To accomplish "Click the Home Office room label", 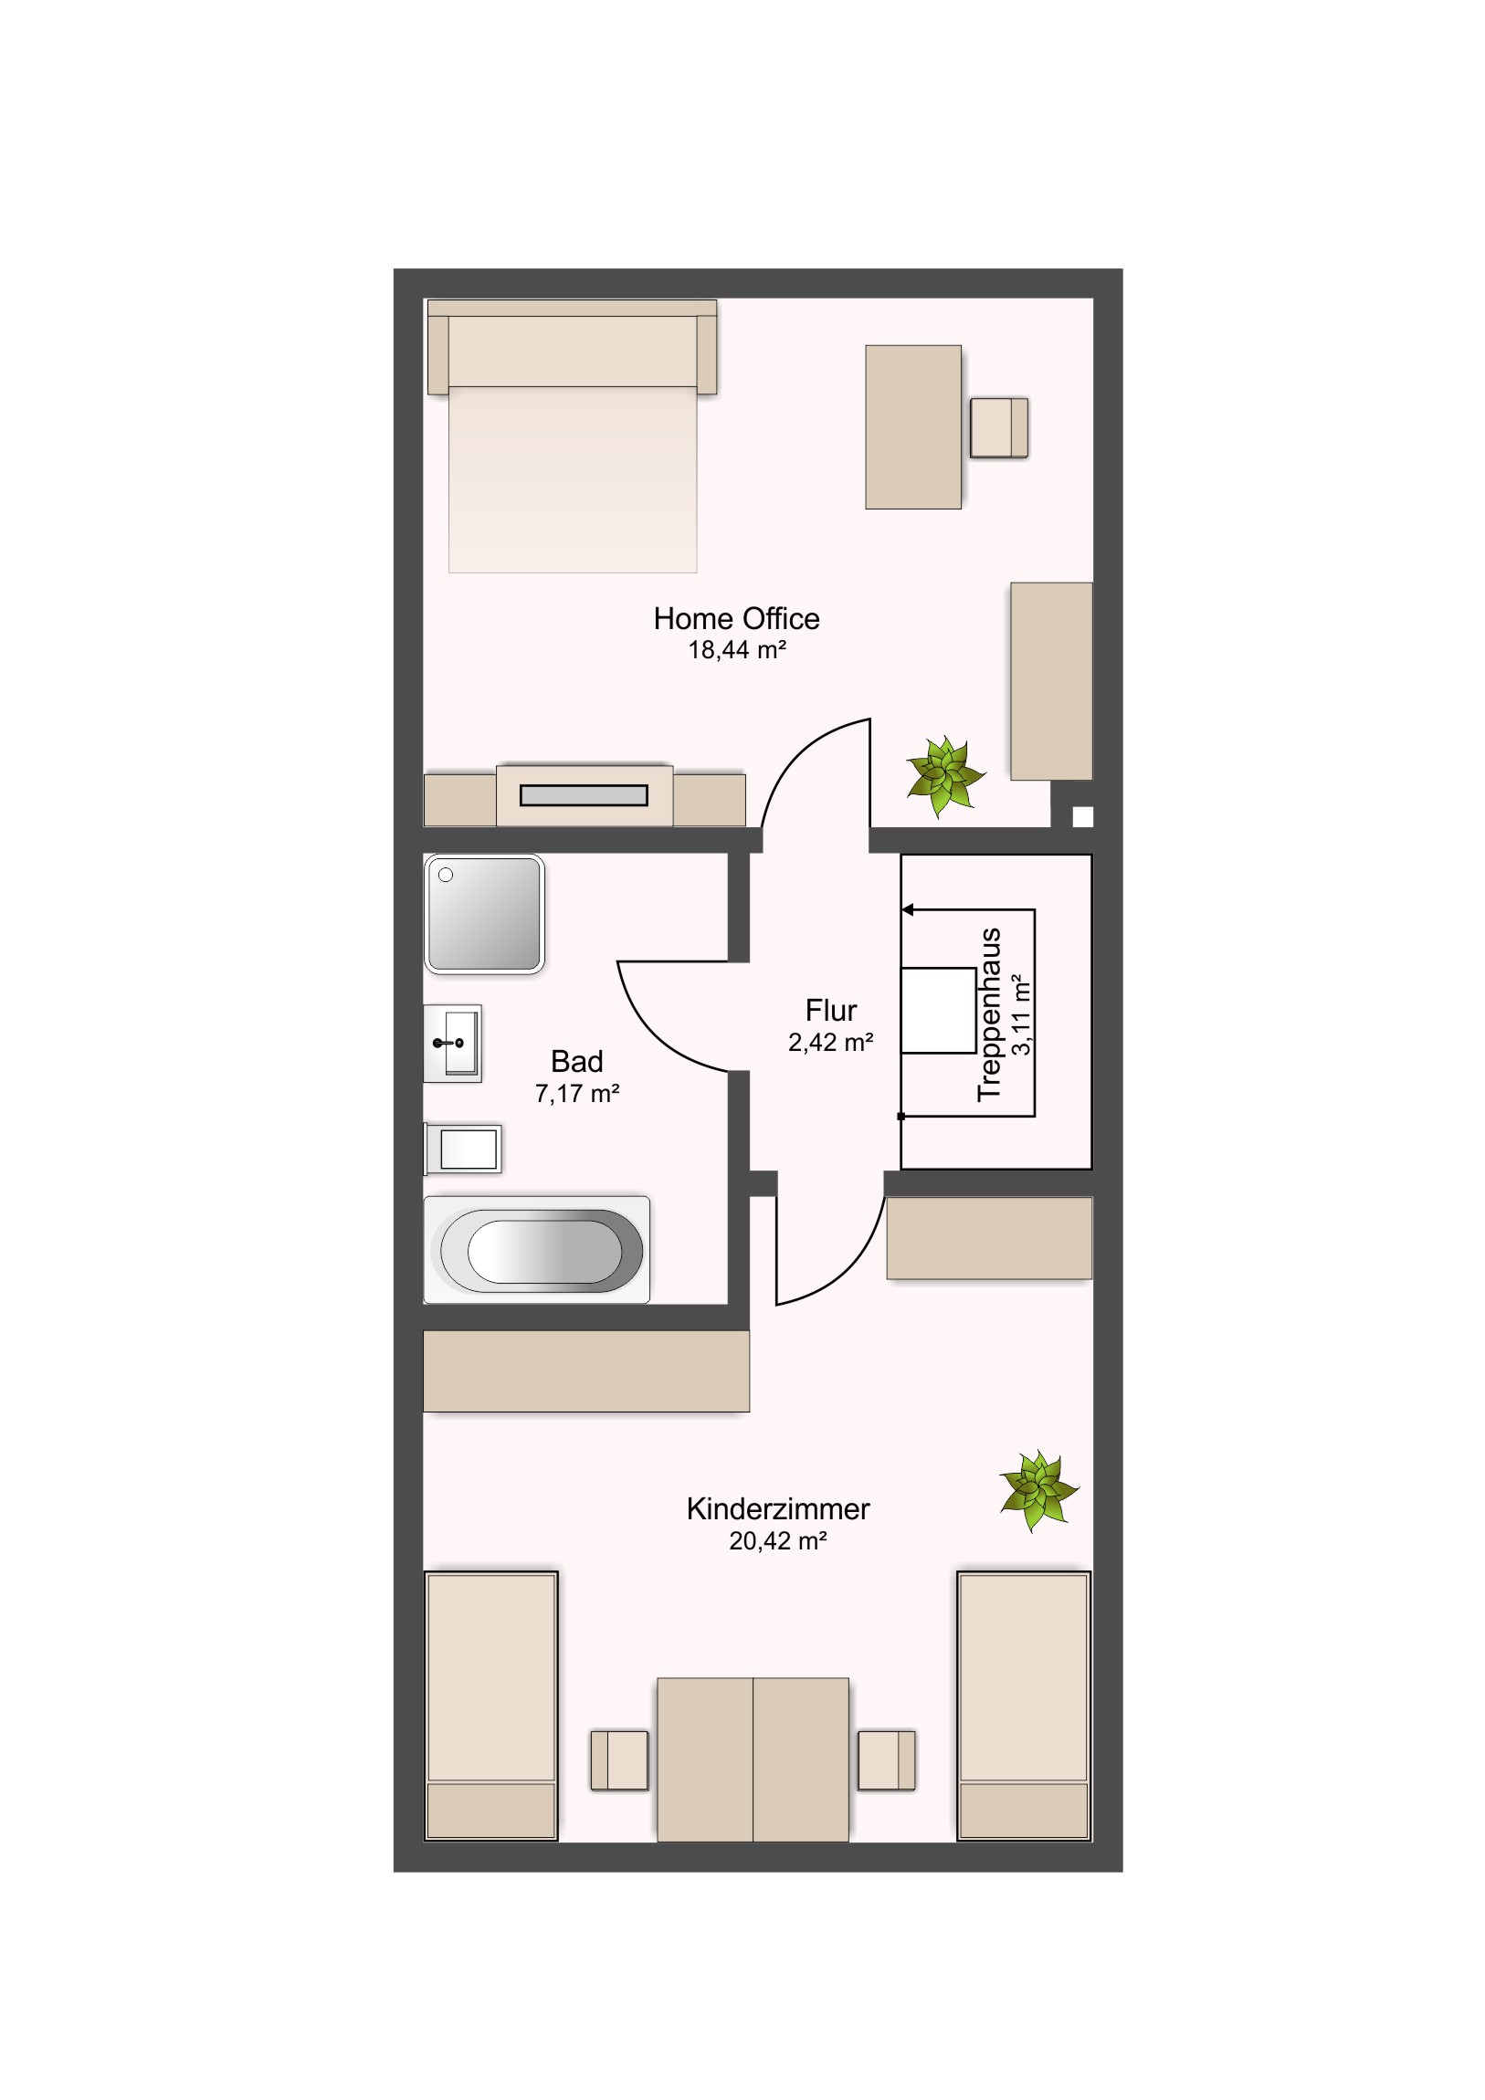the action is (x=735, y=619).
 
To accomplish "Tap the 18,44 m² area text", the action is (x=736, y=650).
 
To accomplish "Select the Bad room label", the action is (x=576, y=1061).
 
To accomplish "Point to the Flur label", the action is (x=831, y=1010).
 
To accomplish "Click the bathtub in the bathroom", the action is (x=537, y=1248).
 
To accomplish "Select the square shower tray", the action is (x=484, y=914).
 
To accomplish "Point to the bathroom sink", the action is (x=452, y=1043).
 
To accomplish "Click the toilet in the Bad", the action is (x=462, y=1149).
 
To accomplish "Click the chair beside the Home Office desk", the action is (x=999, y=427).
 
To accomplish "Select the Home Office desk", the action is (x=913, y=426).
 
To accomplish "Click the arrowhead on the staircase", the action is (x=908, y=910).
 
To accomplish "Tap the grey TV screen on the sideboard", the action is (x=584, y=795).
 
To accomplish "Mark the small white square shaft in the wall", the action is (x=1082, y=816).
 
